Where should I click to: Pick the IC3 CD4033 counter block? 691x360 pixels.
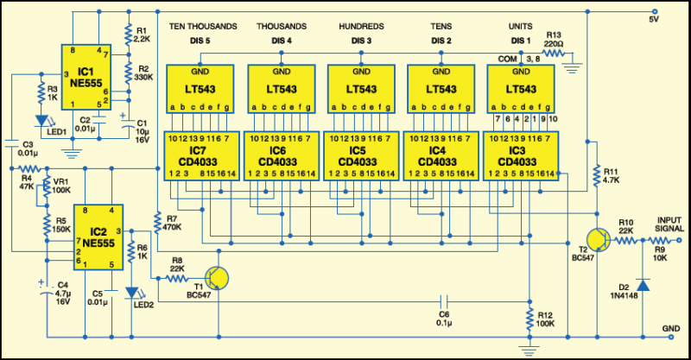(x=523, y=154)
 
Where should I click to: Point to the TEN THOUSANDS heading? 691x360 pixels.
(x=201, y=27)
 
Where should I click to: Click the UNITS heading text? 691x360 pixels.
(x=523, y=27)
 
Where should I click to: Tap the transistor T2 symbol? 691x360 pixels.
(x=598, y=239)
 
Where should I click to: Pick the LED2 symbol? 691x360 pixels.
(x=132, y=294)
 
